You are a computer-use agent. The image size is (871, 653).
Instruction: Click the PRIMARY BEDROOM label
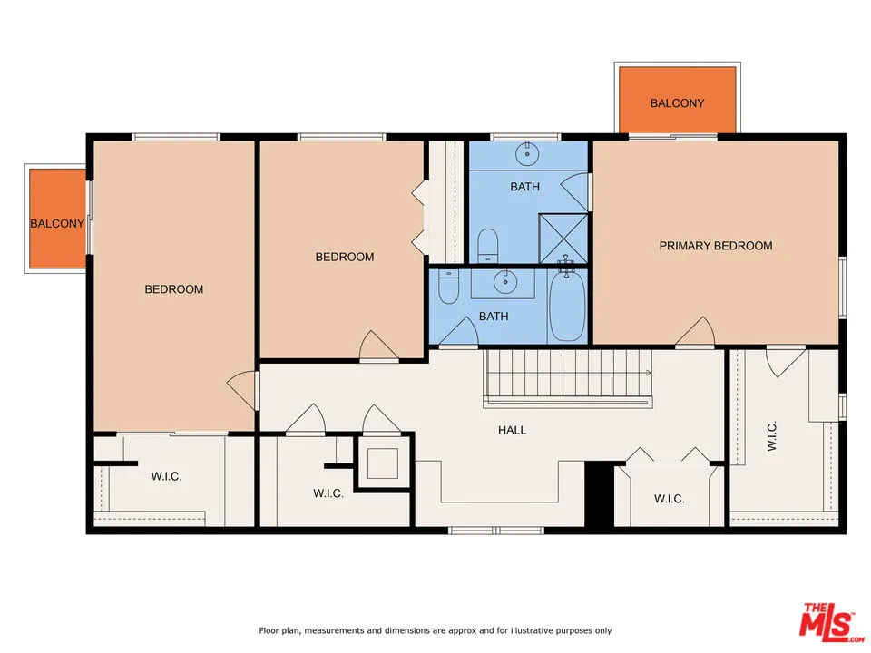click(x=716, y=246)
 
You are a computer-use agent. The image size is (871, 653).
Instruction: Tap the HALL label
click(x=512, y=430)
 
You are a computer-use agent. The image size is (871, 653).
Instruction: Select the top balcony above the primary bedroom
click(x=677, y=102)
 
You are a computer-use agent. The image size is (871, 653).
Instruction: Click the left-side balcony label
click(x=56, y=223)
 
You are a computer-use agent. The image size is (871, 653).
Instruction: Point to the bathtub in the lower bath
click(x=567, y=307)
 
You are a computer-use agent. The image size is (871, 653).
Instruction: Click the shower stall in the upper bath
click(x=563, y=236)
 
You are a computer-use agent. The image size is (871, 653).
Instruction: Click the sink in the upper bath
click(x=525, y=154)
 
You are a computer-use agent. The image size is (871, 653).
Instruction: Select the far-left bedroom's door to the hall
click(x=241, y=391)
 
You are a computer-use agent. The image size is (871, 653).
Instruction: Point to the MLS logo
click(x=827, y=621)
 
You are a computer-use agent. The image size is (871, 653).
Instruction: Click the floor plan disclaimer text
click(x=435, y=630)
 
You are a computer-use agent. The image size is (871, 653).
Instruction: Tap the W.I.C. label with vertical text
click(x=772, y=435)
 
